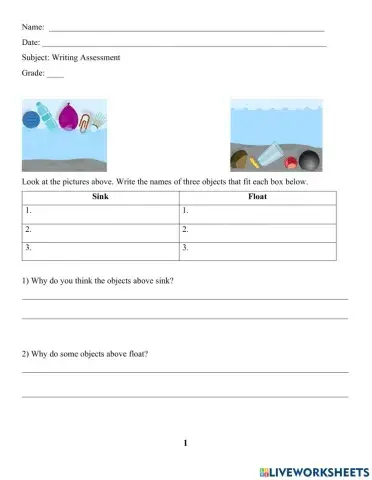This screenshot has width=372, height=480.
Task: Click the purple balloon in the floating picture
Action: click(68, 120)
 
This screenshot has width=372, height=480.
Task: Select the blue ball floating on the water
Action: click(30, 120)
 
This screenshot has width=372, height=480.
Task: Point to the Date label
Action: click(30, 43)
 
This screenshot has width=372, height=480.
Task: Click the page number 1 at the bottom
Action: click(186, 441)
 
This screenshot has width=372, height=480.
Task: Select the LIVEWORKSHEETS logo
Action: click(313, 468)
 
